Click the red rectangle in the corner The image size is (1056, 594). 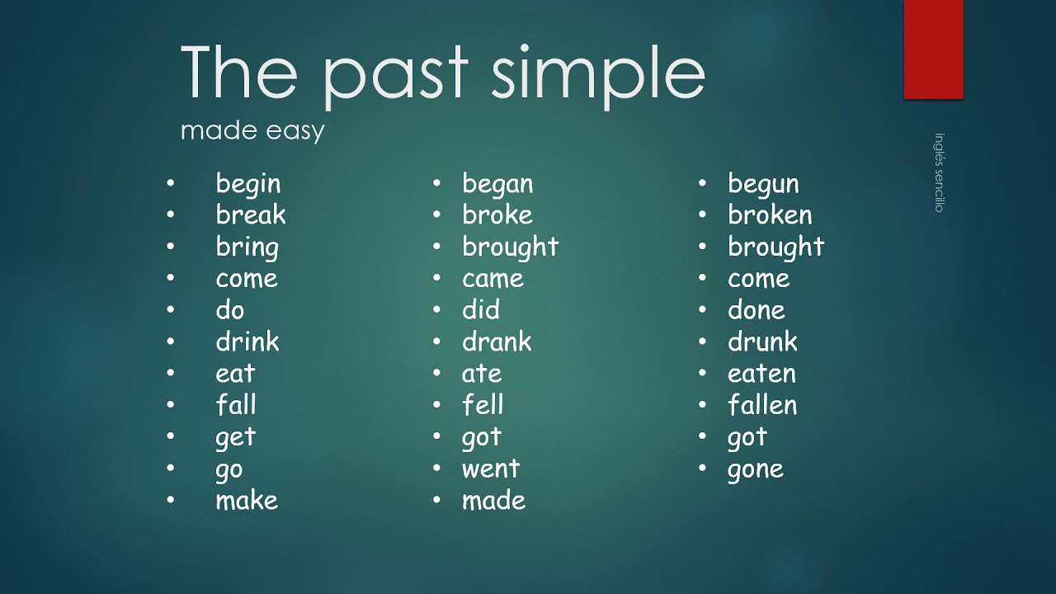(x=933, y=49)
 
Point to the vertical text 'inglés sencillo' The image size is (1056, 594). (x=939, y=173)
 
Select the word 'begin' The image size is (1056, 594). (x=247, y=184)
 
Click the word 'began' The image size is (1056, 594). (x=497, y=184)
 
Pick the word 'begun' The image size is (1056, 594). (x=763, y=184)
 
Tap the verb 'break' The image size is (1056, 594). (x=250, y=215)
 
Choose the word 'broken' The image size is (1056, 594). (x=770, y=215)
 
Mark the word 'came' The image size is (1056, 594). (x=493, y=279)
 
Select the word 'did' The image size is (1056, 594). (x=481, y=310)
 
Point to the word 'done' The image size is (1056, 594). (x=756, y=310)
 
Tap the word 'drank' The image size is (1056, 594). (x=497, y=342)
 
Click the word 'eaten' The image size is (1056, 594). (x=761, y=374)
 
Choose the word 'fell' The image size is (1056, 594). (x=483, y=405)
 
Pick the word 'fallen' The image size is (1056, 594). (x=762, y=405)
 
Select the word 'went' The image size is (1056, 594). (x=491, y=469)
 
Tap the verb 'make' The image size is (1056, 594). (x=247, y=500)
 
